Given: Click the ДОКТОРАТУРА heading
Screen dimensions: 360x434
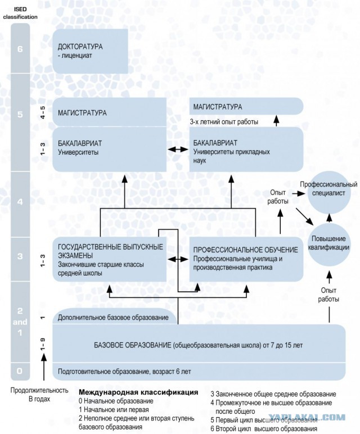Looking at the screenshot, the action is pyautogui.click(x=80, y=47).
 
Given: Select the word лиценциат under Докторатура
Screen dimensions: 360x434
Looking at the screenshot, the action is pyautogui.click(x=76, y=55).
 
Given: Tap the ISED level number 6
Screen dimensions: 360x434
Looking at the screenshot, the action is pyautogui.click(x=20, y=49).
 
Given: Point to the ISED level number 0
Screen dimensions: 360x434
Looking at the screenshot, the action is pyautogui.click(x=19, y=370).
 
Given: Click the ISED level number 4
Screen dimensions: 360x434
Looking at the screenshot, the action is pyautogui.click(x=20, y=202).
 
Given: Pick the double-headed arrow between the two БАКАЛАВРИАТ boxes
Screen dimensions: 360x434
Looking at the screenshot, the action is pyautogui.click(x=178, y=150).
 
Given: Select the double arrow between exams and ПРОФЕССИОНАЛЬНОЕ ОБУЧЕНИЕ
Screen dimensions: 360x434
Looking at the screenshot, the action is pyautogui.click(x=178, y=259).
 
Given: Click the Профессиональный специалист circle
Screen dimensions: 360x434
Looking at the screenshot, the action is pyautogui.click(x=328, y=192).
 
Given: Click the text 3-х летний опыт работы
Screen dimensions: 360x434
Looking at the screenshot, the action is pyautogui.click(x=224, y=122).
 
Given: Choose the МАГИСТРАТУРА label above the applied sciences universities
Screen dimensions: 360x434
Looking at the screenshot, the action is pyautogui.click(x=218, y=107).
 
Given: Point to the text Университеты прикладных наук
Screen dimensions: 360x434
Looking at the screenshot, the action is pyautogui.click(x=232, y=156).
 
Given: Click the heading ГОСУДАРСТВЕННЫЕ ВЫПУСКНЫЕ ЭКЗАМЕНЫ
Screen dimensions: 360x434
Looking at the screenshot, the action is pyautogui.click(x=110, y=251).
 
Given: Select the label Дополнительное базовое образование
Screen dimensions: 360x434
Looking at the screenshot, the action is pyautogui.click(x=113, y=318).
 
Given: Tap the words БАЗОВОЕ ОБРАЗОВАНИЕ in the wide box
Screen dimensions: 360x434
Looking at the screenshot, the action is pyautogui.click(x=132, y=345).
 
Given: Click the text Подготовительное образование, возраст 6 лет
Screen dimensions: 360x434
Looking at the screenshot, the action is pyautogui.click(x=124, y=371).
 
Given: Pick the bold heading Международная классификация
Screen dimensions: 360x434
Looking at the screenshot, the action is pyautogui.click(x=138, y=392).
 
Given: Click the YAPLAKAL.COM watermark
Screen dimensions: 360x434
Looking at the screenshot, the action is pyautogui.click(x=307, y=417).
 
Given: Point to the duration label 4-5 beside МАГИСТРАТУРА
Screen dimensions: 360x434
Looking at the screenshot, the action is pyautogui.click(x=43, y=112).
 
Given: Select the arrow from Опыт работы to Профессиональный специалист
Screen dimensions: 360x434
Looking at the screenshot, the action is pyautogui.click(x=298, y=194).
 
